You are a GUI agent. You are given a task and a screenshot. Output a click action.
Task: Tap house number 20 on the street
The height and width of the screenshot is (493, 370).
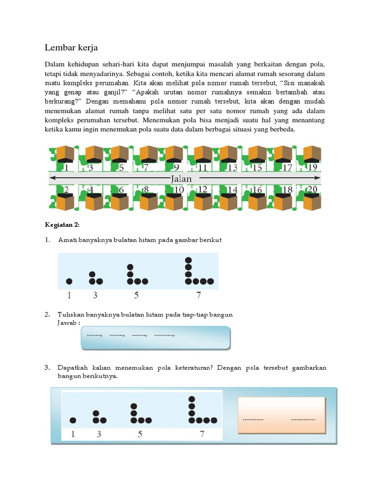click(x=312, y=189)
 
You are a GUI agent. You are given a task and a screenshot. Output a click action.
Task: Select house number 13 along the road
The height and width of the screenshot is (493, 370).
click(x=233, y=168)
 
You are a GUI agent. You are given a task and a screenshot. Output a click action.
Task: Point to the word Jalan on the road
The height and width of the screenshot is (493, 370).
click(x=181, y=179)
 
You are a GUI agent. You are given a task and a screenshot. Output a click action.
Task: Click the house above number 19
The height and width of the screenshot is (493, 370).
click(x=312, y=154)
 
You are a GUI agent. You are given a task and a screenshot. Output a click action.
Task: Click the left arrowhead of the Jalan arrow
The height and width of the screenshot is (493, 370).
click(x=52, y=179)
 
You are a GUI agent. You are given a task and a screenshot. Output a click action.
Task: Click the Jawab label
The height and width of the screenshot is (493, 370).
click(x=67, y=322)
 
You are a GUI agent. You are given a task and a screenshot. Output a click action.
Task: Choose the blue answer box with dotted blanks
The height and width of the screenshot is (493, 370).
click(x=156, y=338)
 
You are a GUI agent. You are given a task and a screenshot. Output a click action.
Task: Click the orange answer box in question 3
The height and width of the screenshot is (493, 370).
click(x=281, y=415)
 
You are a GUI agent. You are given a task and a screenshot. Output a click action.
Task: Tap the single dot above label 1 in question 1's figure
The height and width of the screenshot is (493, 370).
click(x=69, y=281)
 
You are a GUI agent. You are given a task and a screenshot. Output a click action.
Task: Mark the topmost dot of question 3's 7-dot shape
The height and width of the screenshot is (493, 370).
click(x=192, y=399)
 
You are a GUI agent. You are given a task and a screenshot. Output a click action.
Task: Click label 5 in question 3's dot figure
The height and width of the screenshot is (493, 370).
click(x=140, y=434)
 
